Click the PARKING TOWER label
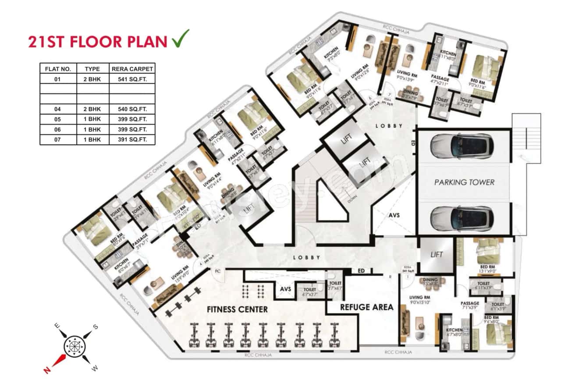(464, 182)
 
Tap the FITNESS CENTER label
(237, 309)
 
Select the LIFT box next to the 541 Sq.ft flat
(436, 254)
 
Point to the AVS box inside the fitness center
(286, 289)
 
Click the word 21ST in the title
(46, 42)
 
